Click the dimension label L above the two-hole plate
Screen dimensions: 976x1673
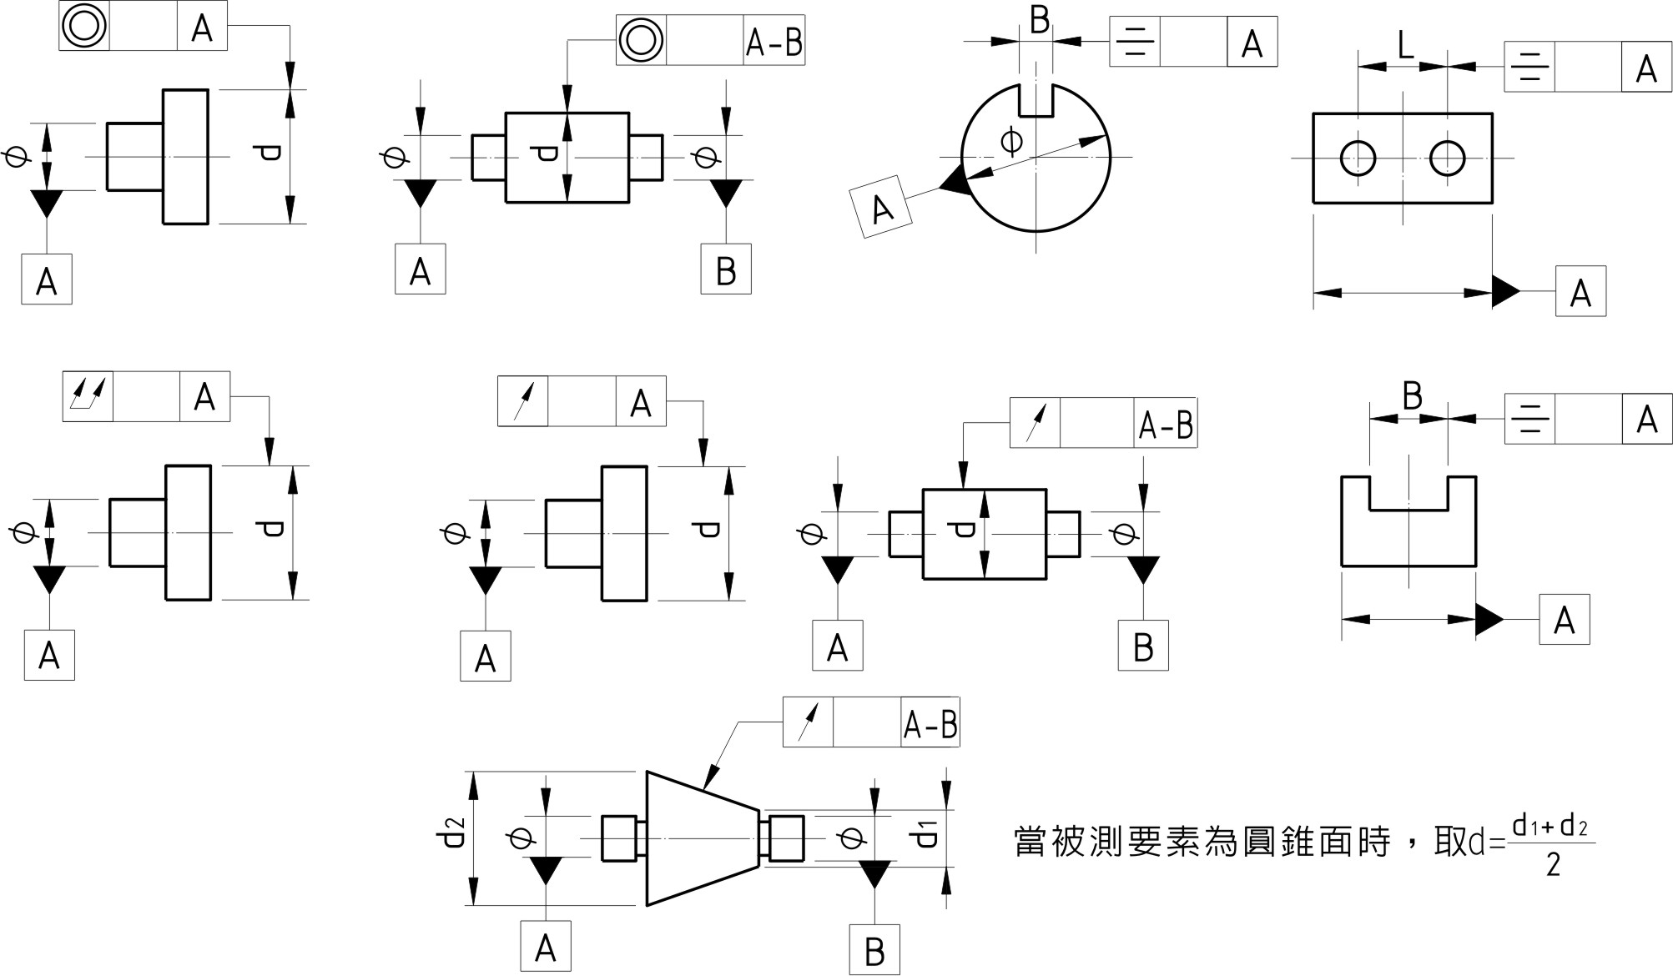1406,46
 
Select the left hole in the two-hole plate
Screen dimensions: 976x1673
1358,158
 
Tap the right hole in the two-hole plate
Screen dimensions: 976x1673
1447,158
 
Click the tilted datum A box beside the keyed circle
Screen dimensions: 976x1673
881,207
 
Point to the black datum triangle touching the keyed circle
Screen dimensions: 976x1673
954,181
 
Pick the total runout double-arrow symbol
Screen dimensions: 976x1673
88,395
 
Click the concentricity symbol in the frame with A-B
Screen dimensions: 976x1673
641,39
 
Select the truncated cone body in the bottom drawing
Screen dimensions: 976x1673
702,838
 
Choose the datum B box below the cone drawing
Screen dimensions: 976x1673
874,950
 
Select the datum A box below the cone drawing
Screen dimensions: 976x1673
546,947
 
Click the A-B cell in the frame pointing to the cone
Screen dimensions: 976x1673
930,722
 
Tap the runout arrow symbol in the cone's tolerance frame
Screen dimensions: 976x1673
808,722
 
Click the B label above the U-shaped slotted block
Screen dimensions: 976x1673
1412,396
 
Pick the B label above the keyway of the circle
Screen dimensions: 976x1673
1039,21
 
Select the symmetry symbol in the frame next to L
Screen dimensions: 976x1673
1529,68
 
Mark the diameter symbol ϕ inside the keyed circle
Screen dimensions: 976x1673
1011,142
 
